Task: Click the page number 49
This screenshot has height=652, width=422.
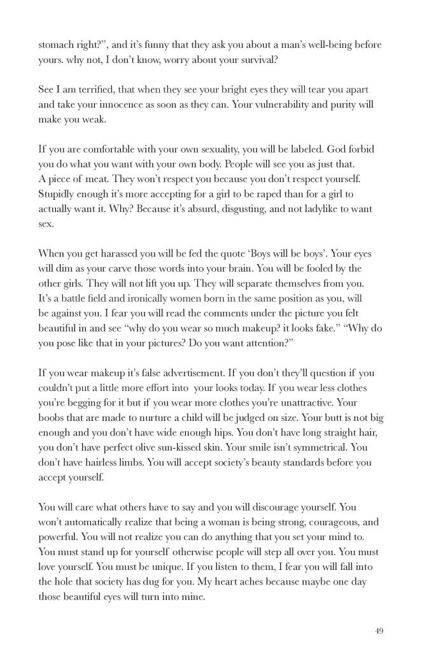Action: [379, 631]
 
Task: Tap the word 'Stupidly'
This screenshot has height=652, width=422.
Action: [59, 194]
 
